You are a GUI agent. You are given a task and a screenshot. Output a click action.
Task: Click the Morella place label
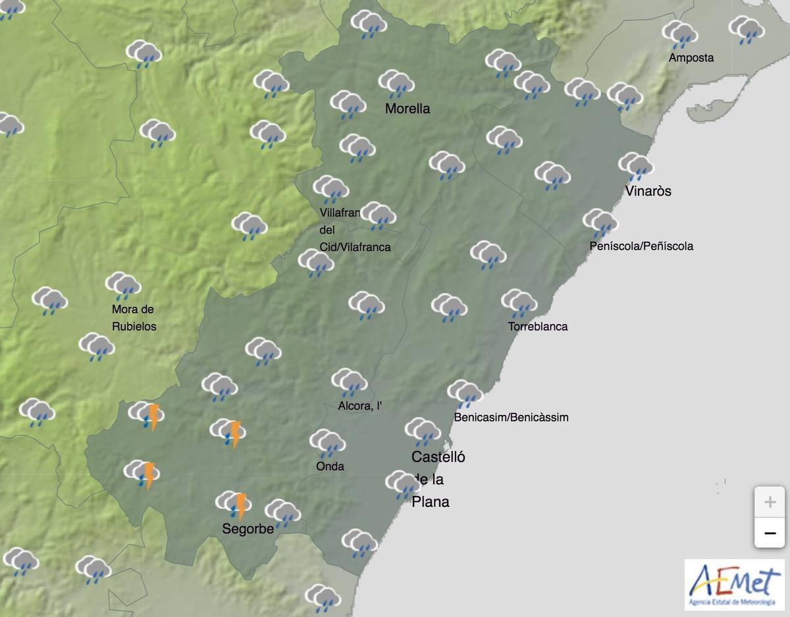pyautogui.click(x=407, y=109)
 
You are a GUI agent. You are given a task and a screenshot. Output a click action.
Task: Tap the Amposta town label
pyautogui.click(x=691, y=58)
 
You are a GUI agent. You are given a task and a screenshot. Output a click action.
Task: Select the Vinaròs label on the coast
pyautogui.click(x=648, y=191)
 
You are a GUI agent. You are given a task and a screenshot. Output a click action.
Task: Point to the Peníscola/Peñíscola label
pyautogui.click(x=641, y=246)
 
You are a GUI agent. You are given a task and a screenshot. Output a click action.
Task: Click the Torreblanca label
pyautogui.click(x=537, y=327)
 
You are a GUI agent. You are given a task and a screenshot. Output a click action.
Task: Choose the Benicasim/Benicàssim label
pyautogui.click(x=511, y=417)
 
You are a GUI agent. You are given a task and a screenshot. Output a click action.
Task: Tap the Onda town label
pyautogui.click(x=330, y=466)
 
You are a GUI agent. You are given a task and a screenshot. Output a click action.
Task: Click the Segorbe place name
pyautogui.click(x=248, y=529)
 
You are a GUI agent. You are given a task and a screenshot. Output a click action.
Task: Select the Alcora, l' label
pyautogui.click(x=359, y=406)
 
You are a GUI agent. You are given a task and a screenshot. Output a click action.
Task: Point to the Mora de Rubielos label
pyautogui.click(x=134, y=317)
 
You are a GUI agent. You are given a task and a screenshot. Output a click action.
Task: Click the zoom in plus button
pyautogui.click(x=769, y=502)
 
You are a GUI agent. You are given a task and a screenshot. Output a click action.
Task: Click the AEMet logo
pyautogui.click(x=734, y=585)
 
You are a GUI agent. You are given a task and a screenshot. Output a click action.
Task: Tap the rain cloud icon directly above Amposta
pyautogui.click(x=680, y=34)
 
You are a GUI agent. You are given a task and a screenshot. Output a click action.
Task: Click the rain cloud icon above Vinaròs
pyautogui.click(x=635, y=167)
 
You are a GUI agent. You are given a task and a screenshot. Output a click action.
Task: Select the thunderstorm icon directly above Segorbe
pyautogui.click(x=234, y=505)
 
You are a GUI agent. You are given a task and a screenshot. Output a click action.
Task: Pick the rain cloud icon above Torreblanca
pyautogui.click(x=519, y=304)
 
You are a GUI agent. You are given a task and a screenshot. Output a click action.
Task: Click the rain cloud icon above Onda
pyautogui.click(x=327, y=443)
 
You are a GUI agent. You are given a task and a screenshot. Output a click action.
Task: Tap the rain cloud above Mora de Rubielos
pyautogui.click(x=123, y=286)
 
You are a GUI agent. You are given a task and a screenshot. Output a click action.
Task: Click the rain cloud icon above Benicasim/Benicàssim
pyautogui.click(x=465, y=394)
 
